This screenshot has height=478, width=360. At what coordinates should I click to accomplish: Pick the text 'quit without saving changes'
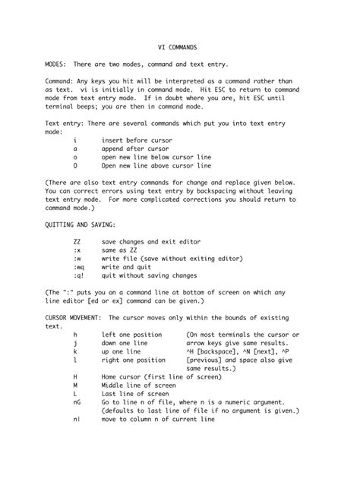(149, 276)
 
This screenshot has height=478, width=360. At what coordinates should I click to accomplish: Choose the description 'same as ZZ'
(120, 250)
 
